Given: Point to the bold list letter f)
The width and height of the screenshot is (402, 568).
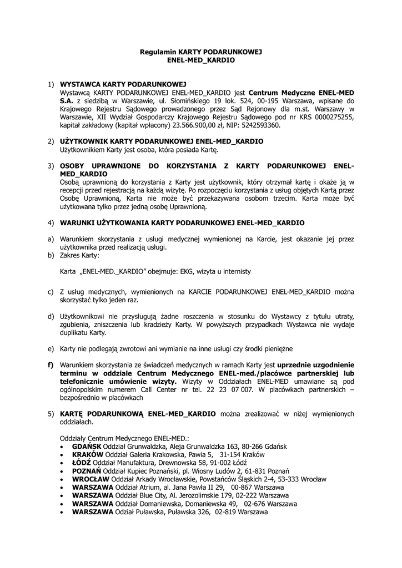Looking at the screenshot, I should tap(51, 366).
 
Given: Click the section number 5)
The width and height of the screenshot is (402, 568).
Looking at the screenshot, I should tap(51, 414).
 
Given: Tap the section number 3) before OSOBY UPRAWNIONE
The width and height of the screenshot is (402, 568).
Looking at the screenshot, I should tap(51, 166).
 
